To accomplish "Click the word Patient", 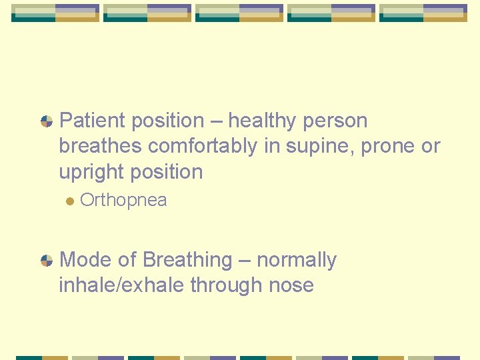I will [x=93, y=121].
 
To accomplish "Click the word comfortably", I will [x=202, y=146].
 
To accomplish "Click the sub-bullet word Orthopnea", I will [x=123, y=200].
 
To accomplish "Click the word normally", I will [x=297, y=259].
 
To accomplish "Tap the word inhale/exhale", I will [x=122, y=285].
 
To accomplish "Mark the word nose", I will [x=291, y=285].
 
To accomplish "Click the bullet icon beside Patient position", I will [x=47, y=121].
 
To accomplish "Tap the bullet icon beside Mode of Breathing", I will [x=47, y=260].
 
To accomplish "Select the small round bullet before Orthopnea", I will [x=69, y=201].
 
